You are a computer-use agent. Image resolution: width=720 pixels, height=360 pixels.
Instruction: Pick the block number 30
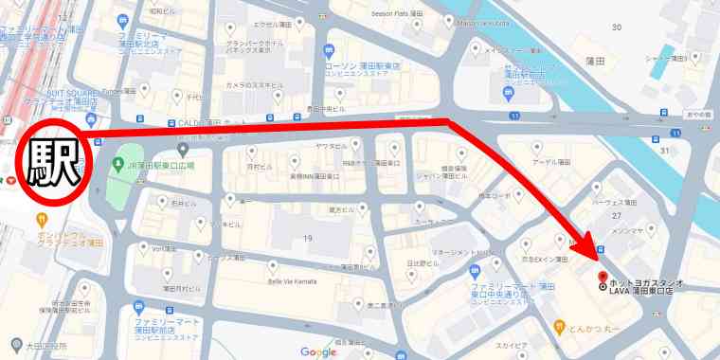(616, 27)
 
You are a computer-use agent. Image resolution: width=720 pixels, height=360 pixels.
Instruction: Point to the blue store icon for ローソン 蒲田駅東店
(328, 49)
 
